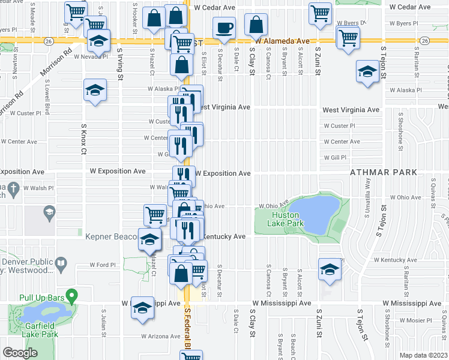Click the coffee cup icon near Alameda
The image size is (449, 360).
click(224, 28)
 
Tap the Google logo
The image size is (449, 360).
click(20, 353)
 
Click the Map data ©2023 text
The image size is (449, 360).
click(424, 355)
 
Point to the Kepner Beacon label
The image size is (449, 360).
click(112, 237)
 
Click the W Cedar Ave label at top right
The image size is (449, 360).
click(411, 8)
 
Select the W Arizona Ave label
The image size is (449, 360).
click(161, 337)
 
